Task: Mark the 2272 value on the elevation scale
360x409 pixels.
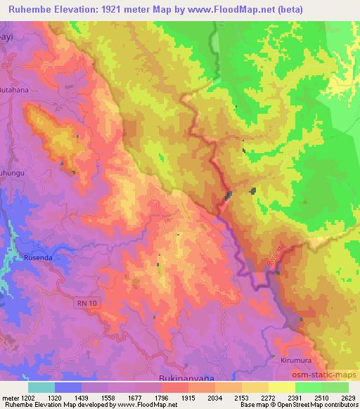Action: (x=267, y=397)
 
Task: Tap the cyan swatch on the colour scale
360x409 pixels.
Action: (x=41, y=387)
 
